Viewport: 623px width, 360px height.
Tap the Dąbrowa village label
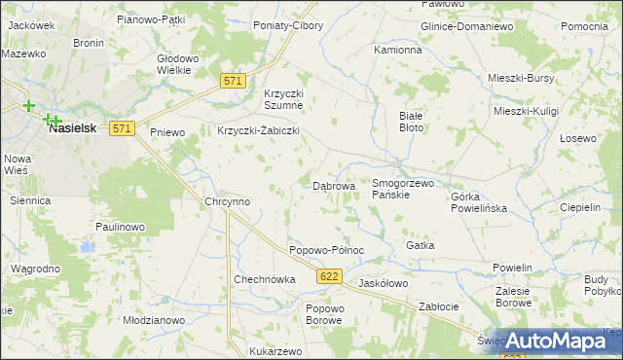point(333,185)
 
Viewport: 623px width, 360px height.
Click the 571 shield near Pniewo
point(121,128)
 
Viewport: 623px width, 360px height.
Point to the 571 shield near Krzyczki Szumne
point(231,82)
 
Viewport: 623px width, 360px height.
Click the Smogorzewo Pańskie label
point(402,189)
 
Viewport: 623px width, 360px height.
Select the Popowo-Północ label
point(326,250)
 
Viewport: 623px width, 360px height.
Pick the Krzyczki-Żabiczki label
point(257,130)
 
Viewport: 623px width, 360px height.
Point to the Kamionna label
point(398,49)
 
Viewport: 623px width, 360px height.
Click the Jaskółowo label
point(383,283)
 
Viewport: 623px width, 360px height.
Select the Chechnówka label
point(264,279)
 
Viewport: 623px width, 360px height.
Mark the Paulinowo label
point(120,227)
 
